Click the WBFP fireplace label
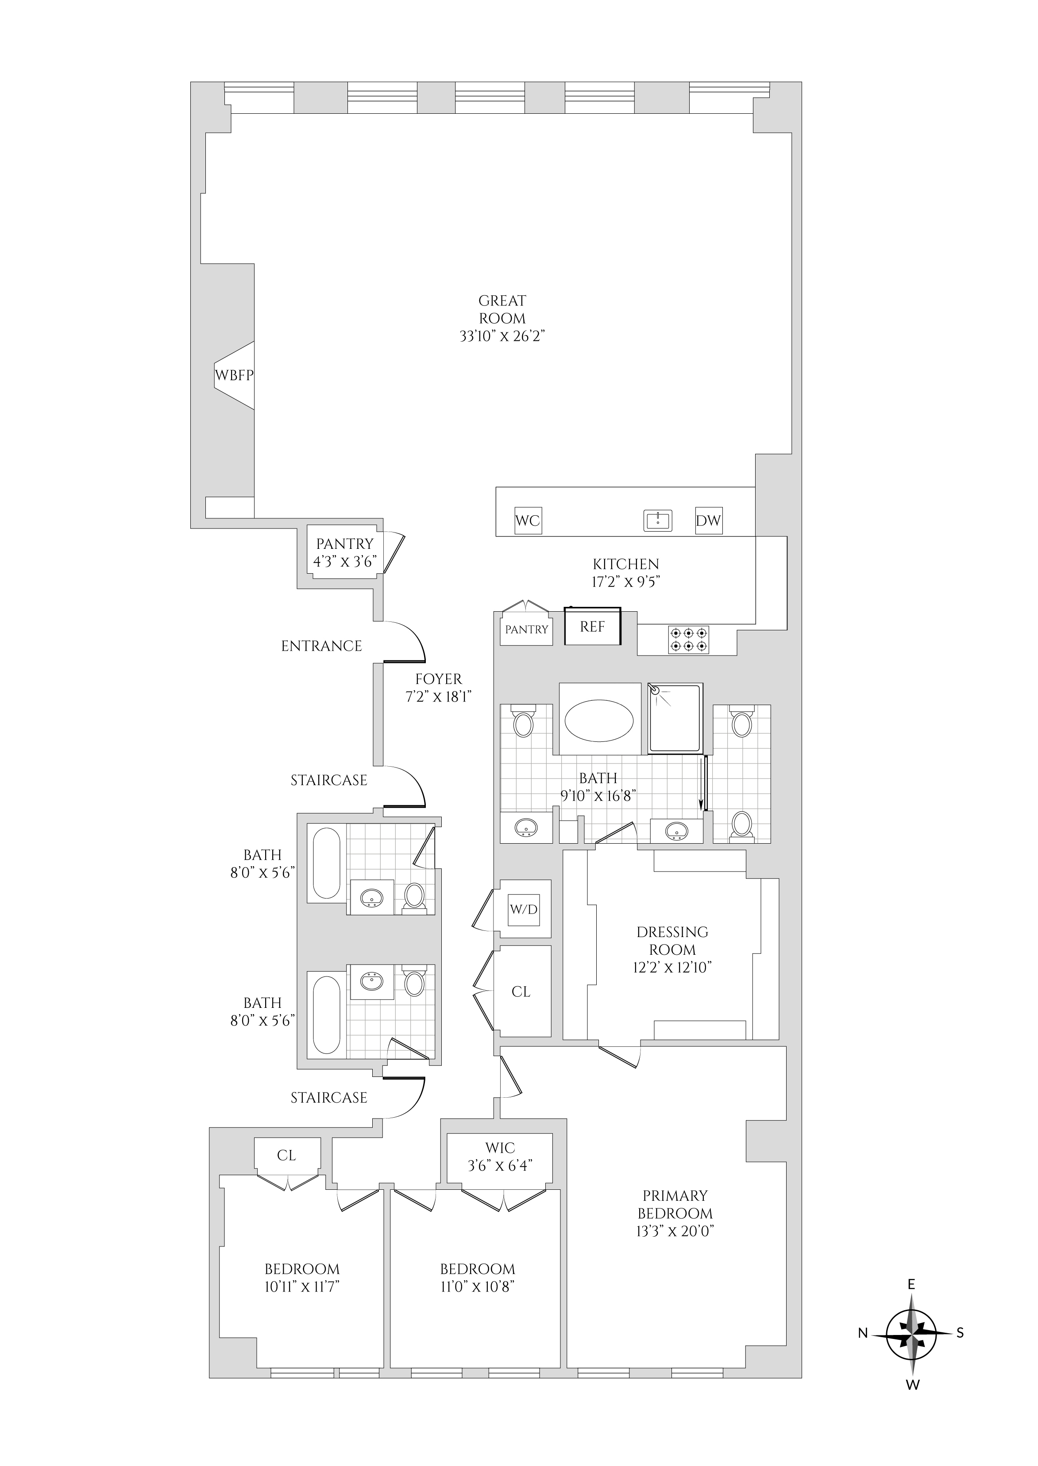pos(234,375)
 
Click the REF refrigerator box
pos(593,626)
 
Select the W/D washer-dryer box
pos(524,909)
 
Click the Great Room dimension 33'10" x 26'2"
pos(502,336)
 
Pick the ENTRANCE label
pos(321,646)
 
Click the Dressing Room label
pos(672,941)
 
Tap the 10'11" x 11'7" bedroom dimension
pos(302,1286)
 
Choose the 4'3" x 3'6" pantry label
pos(344,562)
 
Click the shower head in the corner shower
pos(655,690)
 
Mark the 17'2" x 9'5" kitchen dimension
pos(626,582)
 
